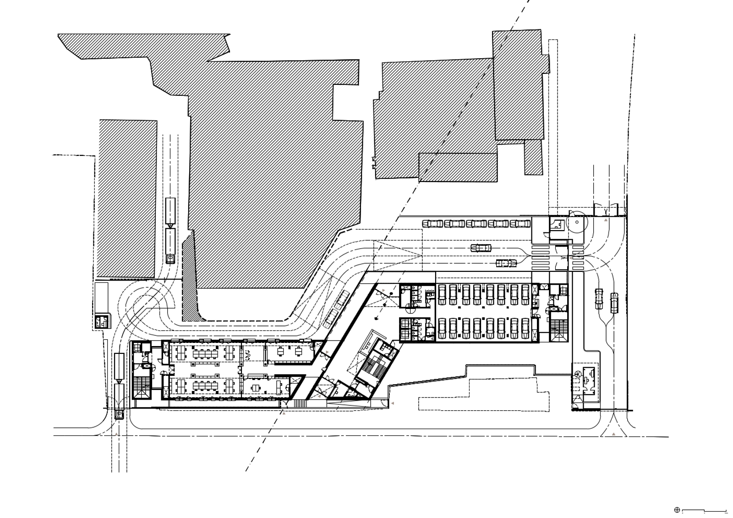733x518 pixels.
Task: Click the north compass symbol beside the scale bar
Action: tap(677, 510)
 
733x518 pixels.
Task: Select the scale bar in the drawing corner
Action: tap(704, 510)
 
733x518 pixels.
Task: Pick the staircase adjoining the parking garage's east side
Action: tap(558, 331)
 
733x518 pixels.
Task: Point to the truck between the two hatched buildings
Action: tap(170, 230)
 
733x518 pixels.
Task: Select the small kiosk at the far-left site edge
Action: tap(102, 322)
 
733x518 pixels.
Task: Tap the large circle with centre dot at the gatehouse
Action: tap(576, 222)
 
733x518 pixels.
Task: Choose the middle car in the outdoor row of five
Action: tap(477, 224)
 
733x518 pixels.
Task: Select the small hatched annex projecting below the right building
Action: tap(533, 157)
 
